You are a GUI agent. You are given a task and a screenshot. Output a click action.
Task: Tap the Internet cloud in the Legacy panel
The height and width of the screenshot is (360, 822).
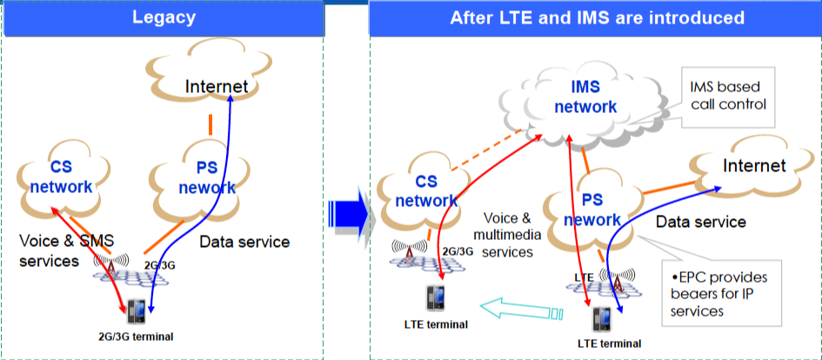[217, 86]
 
